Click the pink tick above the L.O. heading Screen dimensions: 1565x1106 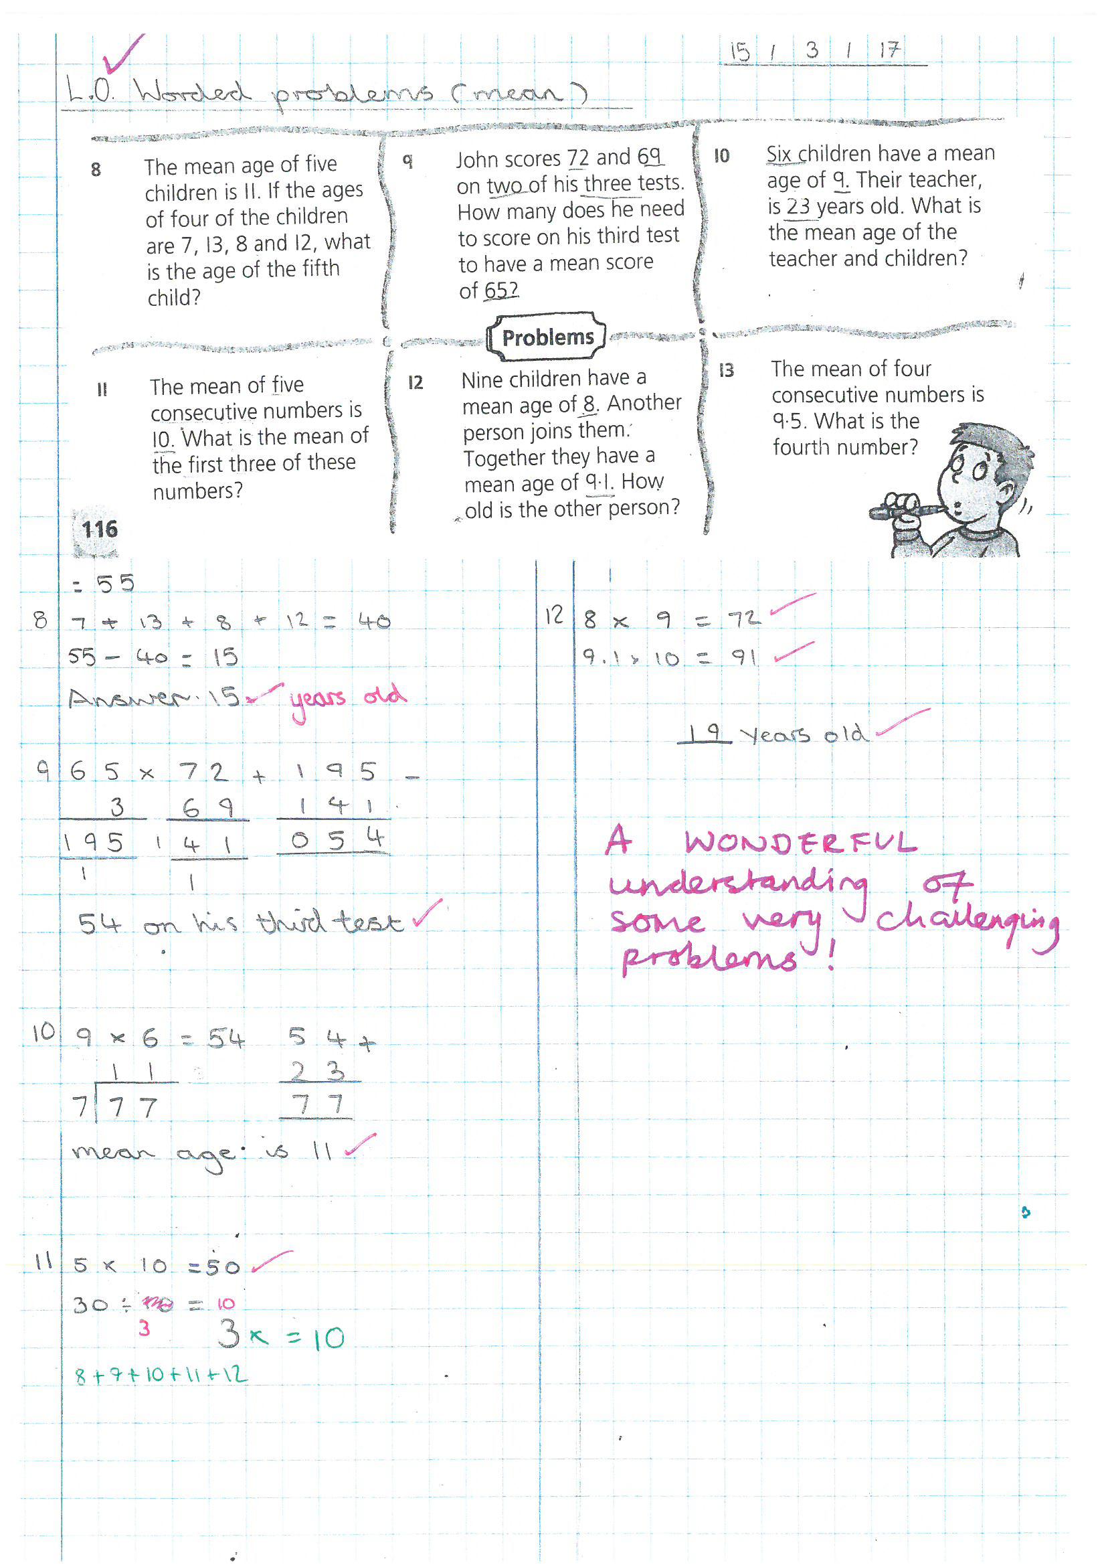click(122, 54)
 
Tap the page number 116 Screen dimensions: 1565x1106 click(100, 529)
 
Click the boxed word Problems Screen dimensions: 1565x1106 click(547, 337)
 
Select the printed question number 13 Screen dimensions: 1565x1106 click(727, 370)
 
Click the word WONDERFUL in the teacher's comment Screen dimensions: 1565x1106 click(801, 843)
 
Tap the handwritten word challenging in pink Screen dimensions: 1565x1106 click(966, 922)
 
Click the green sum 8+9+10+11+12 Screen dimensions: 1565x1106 click(161, 1374)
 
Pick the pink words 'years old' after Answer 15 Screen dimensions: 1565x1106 click(347, 699)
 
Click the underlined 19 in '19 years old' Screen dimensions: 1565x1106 click(705, 733)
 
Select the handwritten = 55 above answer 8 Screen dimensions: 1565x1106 click(106, 584)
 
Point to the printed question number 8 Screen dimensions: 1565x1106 click(96, 169)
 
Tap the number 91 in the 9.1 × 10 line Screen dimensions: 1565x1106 click(744, 658)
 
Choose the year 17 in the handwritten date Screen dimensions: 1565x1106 click(889, 50)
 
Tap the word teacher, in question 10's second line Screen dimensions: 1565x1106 click(943, 180)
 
